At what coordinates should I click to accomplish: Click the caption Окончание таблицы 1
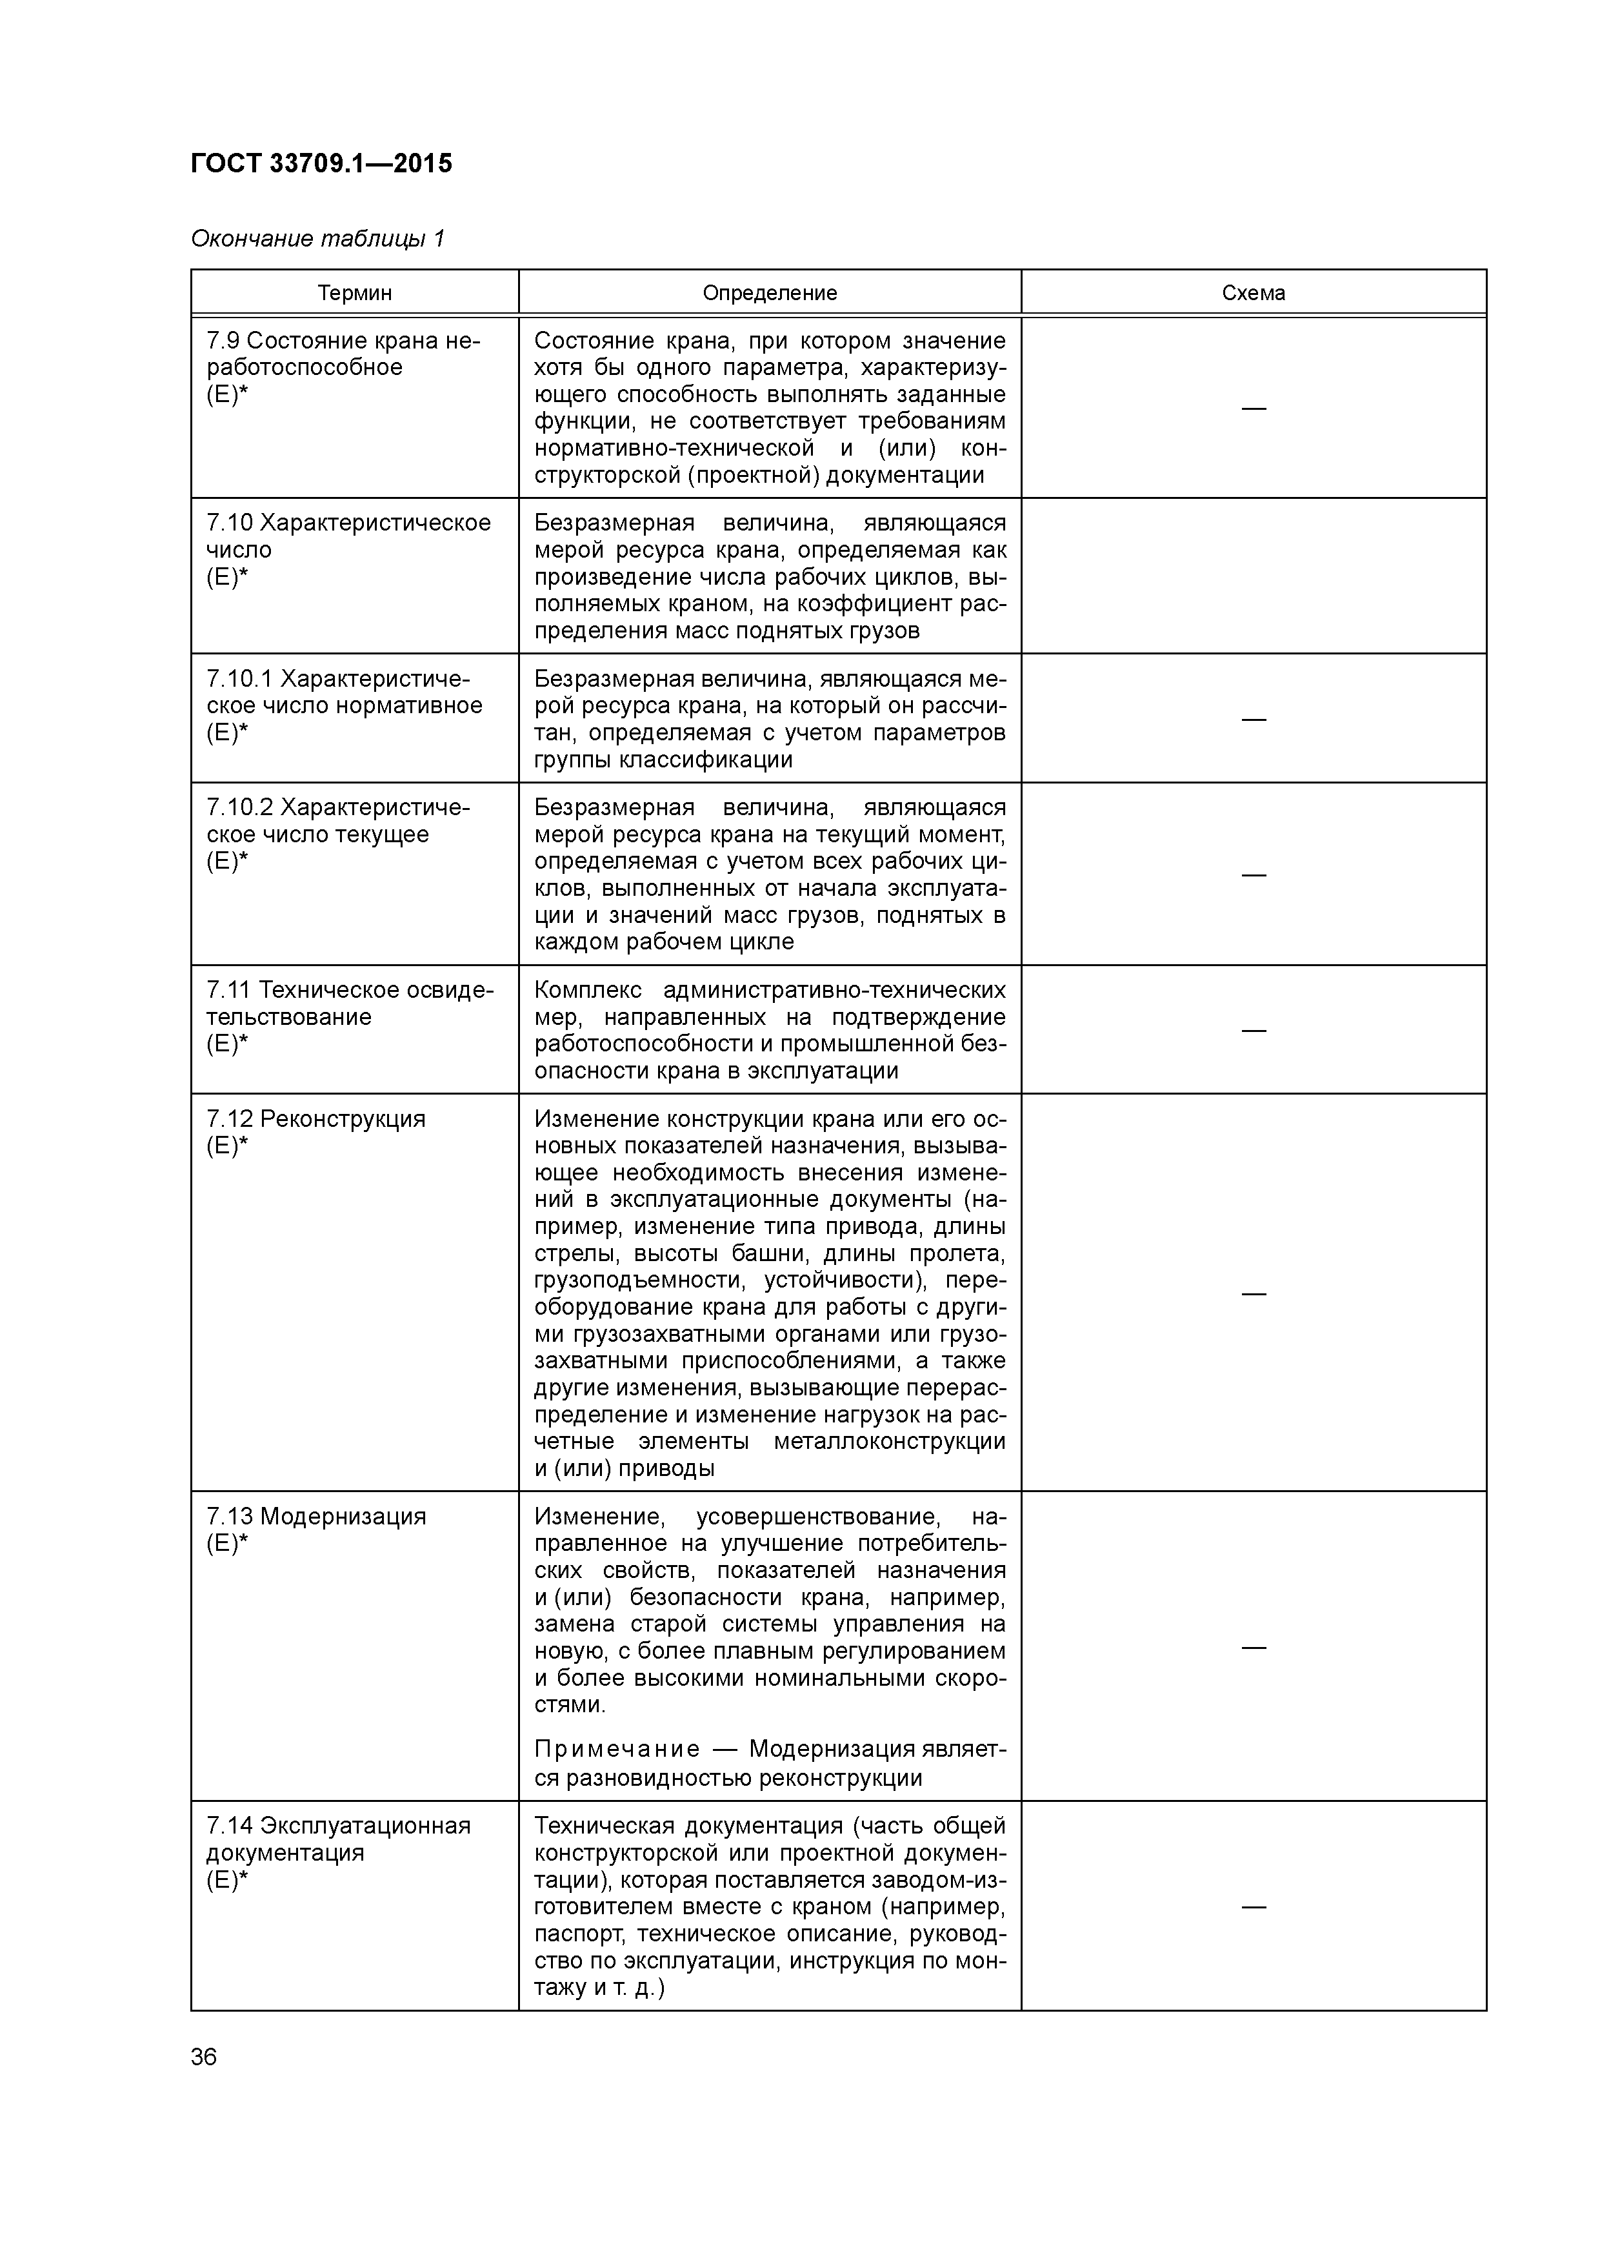point(317,239)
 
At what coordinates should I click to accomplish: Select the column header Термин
point(355,293)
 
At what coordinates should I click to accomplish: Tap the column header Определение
point(770,293)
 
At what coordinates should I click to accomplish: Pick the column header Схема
point(1253,293)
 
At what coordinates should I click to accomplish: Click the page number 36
point(204,2057)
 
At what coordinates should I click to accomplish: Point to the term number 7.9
point(223,341)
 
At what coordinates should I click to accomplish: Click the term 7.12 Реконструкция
point(315,1119)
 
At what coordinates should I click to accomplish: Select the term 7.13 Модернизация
point(315,1517)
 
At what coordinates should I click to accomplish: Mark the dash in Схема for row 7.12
point(1253,1293)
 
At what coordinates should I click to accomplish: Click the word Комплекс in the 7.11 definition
point(588,990)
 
